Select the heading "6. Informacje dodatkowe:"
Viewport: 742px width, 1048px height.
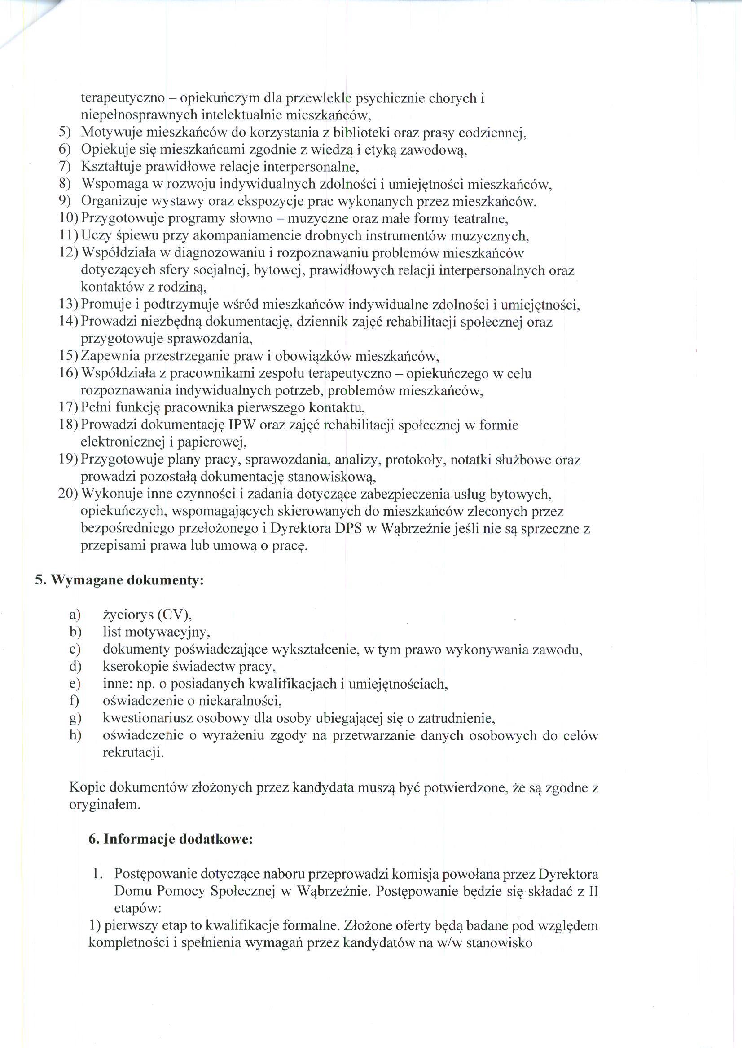171,840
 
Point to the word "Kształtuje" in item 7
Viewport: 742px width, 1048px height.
111,167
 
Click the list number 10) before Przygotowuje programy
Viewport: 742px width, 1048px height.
69,219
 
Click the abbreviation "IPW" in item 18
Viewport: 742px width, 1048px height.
242,425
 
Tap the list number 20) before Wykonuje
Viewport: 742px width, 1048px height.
69,494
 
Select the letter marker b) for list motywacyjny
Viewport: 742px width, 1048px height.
75,632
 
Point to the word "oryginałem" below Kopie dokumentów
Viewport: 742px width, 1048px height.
105,804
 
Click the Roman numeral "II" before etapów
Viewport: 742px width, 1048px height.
593,891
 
